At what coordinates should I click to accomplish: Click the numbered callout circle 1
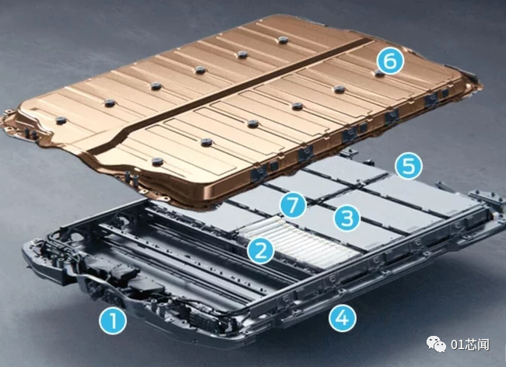pyautogui.click(x=113, y=320)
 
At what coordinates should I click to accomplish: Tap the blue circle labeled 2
pyautogui.click(x=261, y=250)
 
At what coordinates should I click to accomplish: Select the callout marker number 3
pyautogui.click(x=347, y=218)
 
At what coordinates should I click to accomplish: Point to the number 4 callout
pyautogui.click(x=343, y=318)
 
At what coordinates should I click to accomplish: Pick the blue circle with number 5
pyautogui.click(x=409, y=166)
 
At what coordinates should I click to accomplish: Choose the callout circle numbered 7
pyautogui.click(x=293, y=205)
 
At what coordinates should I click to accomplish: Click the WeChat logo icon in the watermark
pyautogui.click(x=437, y=344)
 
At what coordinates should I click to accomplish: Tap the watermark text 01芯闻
pyautogui.click(x=470, y=344)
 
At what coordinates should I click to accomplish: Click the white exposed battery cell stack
pyautogui.click(x=300, y=242)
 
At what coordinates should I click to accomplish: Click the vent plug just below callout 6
pyautogui.click(x=379, y=74)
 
